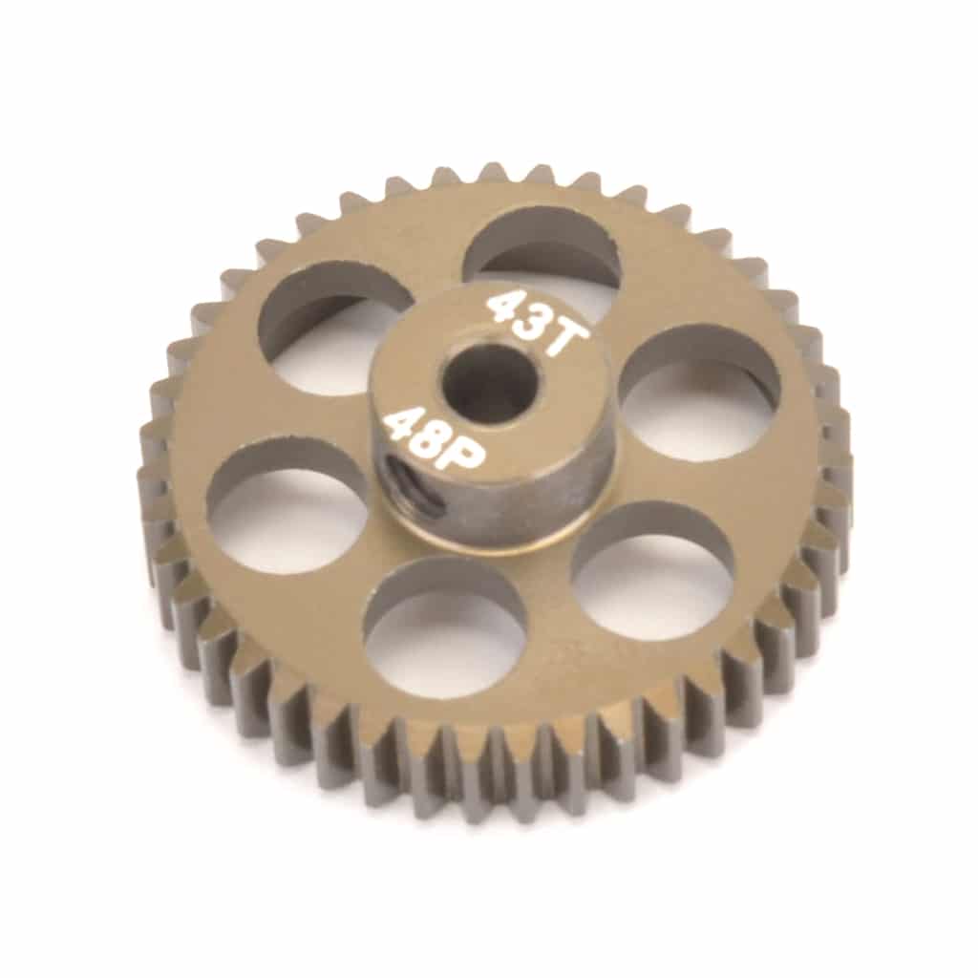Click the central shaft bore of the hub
488,382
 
